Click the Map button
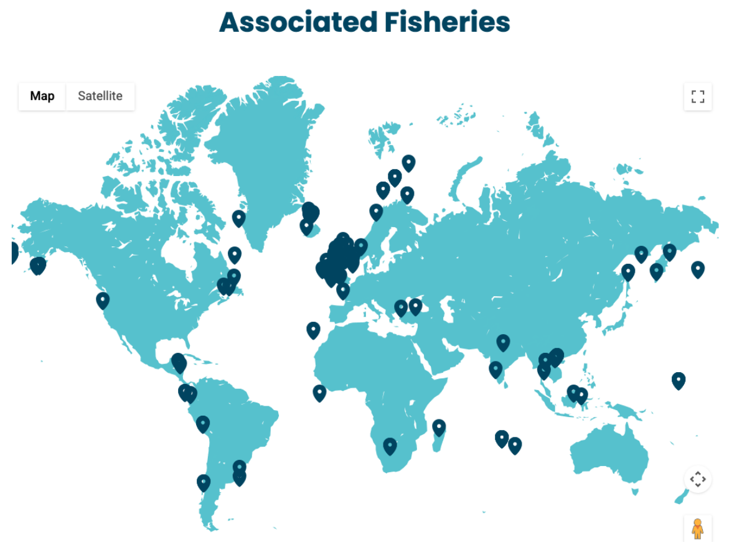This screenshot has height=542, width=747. (x=42, y=96)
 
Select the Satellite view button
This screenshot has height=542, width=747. (x=100, y=96)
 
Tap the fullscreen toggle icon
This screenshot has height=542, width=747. (x=698, y=96)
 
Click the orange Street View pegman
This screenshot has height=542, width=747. (x=698, y=529)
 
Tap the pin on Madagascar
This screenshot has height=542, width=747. (x=439, y=427)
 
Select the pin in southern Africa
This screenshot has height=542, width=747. (x=390, y=446)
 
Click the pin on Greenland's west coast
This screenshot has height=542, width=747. (x=239, y=218)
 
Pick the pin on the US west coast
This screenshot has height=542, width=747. (x=103, y=300)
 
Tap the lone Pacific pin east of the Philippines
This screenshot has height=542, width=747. (x=679, y=380)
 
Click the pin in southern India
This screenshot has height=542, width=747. (x=496, y=369)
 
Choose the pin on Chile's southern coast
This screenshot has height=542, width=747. (x=204, y=482)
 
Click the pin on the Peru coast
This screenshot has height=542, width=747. (x=202, y=424)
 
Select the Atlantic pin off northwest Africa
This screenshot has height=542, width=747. (x=313, y=330)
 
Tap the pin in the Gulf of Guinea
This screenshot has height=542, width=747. (x=319, y=392)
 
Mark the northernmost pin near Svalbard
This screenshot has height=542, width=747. (x=408, y=163)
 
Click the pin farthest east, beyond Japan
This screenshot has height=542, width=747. (x=698, y=269)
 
